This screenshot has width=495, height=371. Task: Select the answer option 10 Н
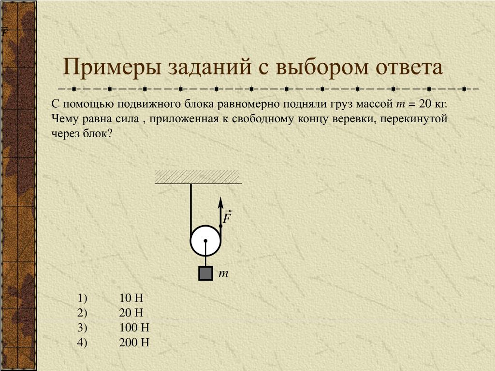[x=131, y=298]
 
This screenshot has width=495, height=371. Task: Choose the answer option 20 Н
[x=131, y=313]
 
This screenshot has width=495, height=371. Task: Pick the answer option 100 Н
[x=134, y=327]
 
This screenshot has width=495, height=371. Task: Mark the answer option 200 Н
[x=134, y=342]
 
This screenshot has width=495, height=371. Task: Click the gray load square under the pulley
[x=205, y=273]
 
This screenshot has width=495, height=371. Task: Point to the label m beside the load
[x=223, y=273]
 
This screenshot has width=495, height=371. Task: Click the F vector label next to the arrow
[x=227, y=217]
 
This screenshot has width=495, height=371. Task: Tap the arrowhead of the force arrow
[x=220, y=202]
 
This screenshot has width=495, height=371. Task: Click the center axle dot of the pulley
[x=205, y=241]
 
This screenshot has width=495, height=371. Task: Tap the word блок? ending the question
[x=98, y=133]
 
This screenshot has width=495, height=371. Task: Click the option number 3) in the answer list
[x=82, y=328]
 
